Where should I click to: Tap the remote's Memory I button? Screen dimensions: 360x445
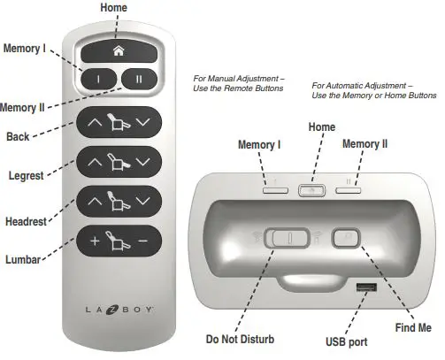pos(99,78)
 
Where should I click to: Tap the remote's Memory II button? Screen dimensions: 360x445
pos(137,78)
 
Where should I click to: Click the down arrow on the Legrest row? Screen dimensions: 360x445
pos(143,161)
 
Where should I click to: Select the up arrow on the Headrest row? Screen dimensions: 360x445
pos(93,202)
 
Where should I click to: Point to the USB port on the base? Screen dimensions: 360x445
pos(364,289)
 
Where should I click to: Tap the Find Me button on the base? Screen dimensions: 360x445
pos(342,237)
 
